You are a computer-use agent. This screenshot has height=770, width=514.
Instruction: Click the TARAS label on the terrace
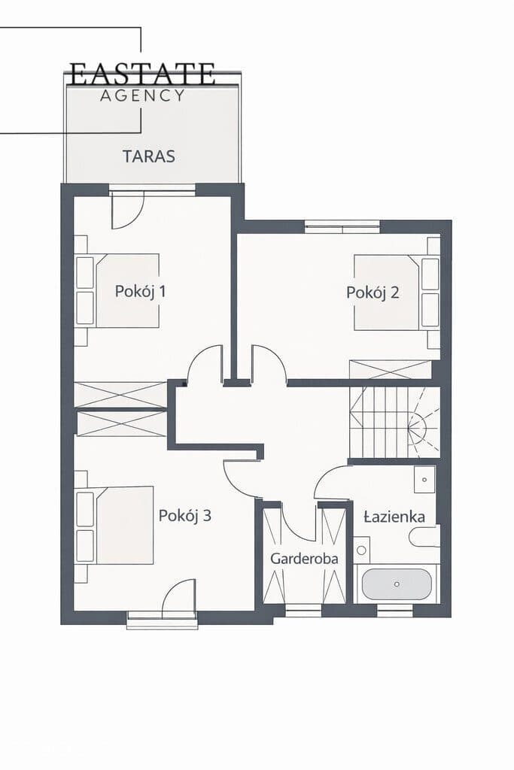(148, 156)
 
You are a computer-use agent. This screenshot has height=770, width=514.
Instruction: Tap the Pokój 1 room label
(141, 291)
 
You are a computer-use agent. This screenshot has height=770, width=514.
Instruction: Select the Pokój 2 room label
(373, 293)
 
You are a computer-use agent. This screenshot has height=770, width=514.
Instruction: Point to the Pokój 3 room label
(185, 515)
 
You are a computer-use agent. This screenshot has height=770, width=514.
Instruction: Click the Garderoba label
(304, 559)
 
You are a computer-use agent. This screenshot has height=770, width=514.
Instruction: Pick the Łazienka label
(394, 517)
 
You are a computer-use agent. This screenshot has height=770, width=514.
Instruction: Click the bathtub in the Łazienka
(397, 584)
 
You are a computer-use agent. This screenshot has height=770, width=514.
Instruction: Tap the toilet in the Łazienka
(424, 536)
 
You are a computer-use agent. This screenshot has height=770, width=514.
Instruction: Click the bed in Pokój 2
(397, 293)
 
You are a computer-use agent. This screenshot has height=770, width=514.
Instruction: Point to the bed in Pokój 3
(114, 525)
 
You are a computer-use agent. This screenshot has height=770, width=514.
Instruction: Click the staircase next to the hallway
(394, 423)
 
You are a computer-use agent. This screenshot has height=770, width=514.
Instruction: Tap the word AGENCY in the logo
(142, 95)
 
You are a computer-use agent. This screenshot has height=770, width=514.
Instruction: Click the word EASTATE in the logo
(142, 74)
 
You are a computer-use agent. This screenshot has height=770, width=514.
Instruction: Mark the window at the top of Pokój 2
(342, 226)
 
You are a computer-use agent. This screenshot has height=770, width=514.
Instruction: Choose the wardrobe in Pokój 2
(391, 369)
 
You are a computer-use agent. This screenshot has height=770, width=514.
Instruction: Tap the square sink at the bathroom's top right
(424, 479)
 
